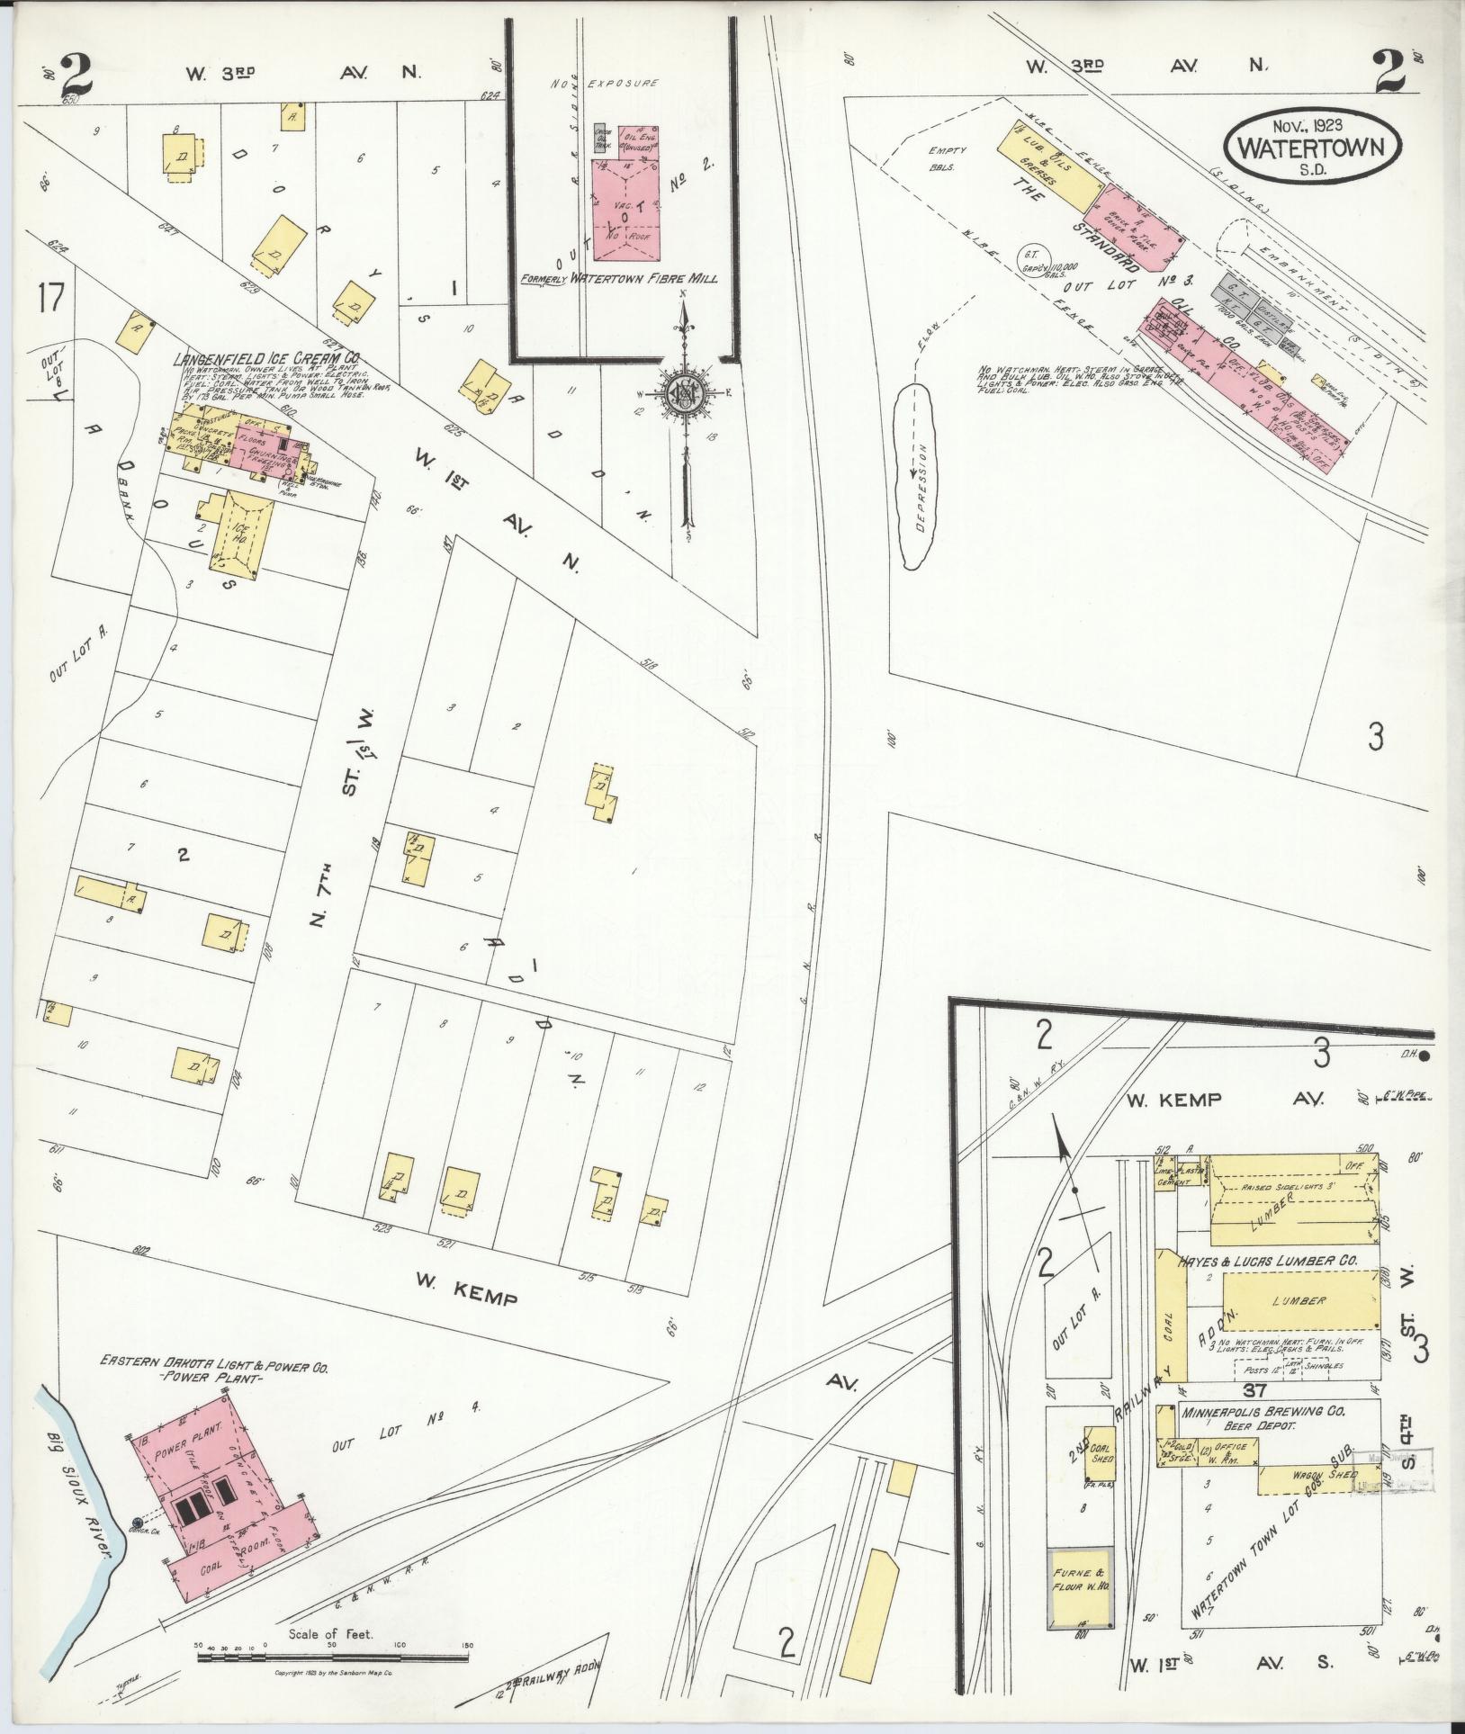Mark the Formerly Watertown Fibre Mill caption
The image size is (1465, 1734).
click(x=621, y=280)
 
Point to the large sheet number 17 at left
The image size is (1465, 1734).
click(x=50, y=297)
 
